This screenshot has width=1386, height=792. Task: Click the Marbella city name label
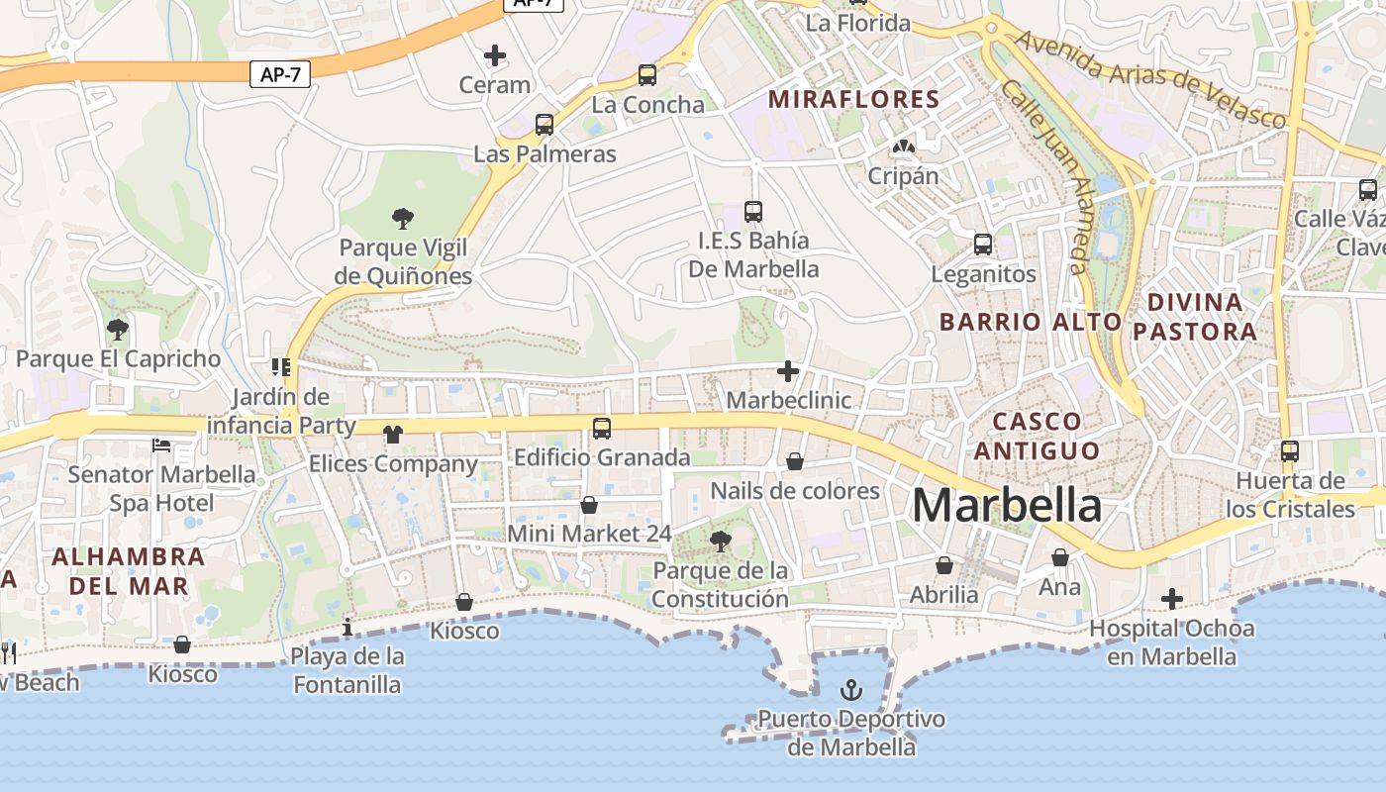click(1006, 505)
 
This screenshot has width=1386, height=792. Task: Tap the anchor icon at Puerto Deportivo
click(851, 689)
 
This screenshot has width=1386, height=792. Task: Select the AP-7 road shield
click(280, 74)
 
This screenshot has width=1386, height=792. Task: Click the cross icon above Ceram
click(495, 55)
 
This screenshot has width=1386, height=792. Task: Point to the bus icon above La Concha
click(647, 74)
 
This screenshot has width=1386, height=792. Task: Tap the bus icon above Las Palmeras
click(544, 125)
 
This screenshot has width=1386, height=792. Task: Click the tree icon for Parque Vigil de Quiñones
click(402, 218)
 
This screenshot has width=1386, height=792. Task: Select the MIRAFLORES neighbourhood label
click(853, 99)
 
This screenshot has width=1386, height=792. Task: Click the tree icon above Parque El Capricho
click(118, 330)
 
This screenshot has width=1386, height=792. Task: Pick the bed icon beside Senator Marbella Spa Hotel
click(161, 445)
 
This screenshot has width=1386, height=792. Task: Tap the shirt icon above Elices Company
click(393, 434)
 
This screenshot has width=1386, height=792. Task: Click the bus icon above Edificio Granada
click(602, 429)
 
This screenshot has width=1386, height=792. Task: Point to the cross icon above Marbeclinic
click(788, 371)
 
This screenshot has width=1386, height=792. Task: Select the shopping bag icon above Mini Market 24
click(589, 505)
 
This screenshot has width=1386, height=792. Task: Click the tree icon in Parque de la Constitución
click(721, 541)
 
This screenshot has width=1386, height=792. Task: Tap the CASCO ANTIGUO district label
click(1036, 436)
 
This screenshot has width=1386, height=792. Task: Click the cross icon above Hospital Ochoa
click(1172, 599)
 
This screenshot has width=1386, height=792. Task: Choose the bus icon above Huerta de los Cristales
click(1290, 451)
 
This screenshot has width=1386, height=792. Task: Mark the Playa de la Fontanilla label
click(346, 670)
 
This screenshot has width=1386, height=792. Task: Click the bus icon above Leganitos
click(983, 244)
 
